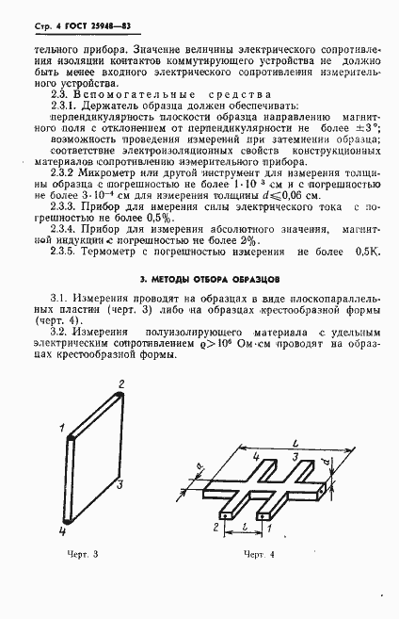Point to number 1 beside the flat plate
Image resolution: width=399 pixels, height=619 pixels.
(60, 428)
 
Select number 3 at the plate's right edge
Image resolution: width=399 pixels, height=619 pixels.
(120, 484)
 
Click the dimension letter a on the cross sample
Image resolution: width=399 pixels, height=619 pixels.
(199, 468)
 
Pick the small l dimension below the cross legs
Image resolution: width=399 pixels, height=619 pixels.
(245, 530)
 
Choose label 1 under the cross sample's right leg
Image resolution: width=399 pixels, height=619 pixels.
(274, 530)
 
